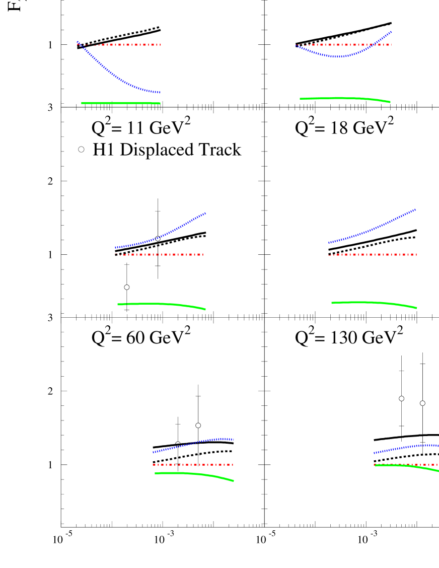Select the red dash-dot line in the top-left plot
pyautogui.click(x=131, y=44)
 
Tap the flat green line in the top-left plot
pyautogui.click(x=121, y=103)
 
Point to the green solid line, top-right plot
pyautogui.click(x=342, y=98)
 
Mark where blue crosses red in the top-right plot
pyautogui.click(x=372, y=44)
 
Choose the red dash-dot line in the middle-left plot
pyautogui.click(x=161, y=254)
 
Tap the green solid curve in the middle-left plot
pyautogui.click(x=161, y=304)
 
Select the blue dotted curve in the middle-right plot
pyautogui.click(x=373, y=229)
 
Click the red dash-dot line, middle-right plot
pyautogui.click(x=373, y=254)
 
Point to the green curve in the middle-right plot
pyautogui.click(x=373, y=302)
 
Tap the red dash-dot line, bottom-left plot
pyautogui.click(x=193, y=465)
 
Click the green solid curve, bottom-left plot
pyautogui.click(x=193, y=474)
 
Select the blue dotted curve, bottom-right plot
pyautogui.click(x=403, y=447)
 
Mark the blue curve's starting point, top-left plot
pyautogui.click(x=78, y=42)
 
